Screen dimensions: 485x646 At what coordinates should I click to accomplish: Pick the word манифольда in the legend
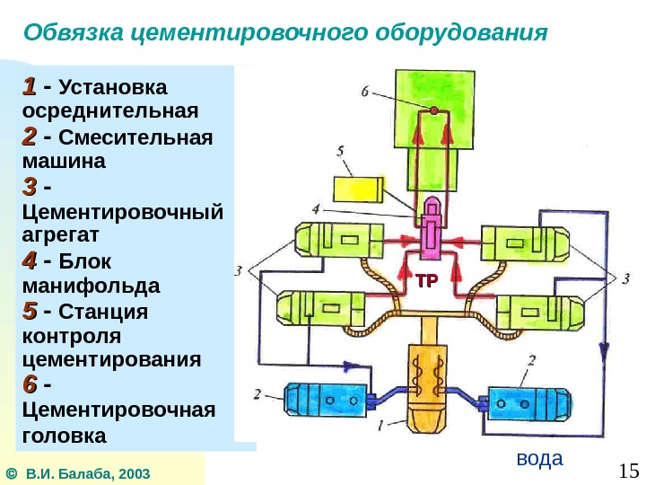click(x=89, y=287)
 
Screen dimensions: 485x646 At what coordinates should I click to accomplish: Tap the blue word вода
click(x=539, y=458)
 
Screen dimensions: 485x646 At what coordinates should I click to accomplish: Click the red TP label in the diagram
click(x=425, y=281)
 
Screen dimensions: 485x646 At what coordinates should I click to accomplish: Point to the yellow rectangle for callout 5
click(x=358, y=190)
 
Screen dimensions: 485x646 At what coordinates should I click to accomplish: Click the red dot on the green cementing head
click(x=434, y=110)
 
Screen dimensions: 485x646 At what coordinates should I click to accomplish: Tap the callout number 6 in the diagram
click(x=365, y=91)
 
